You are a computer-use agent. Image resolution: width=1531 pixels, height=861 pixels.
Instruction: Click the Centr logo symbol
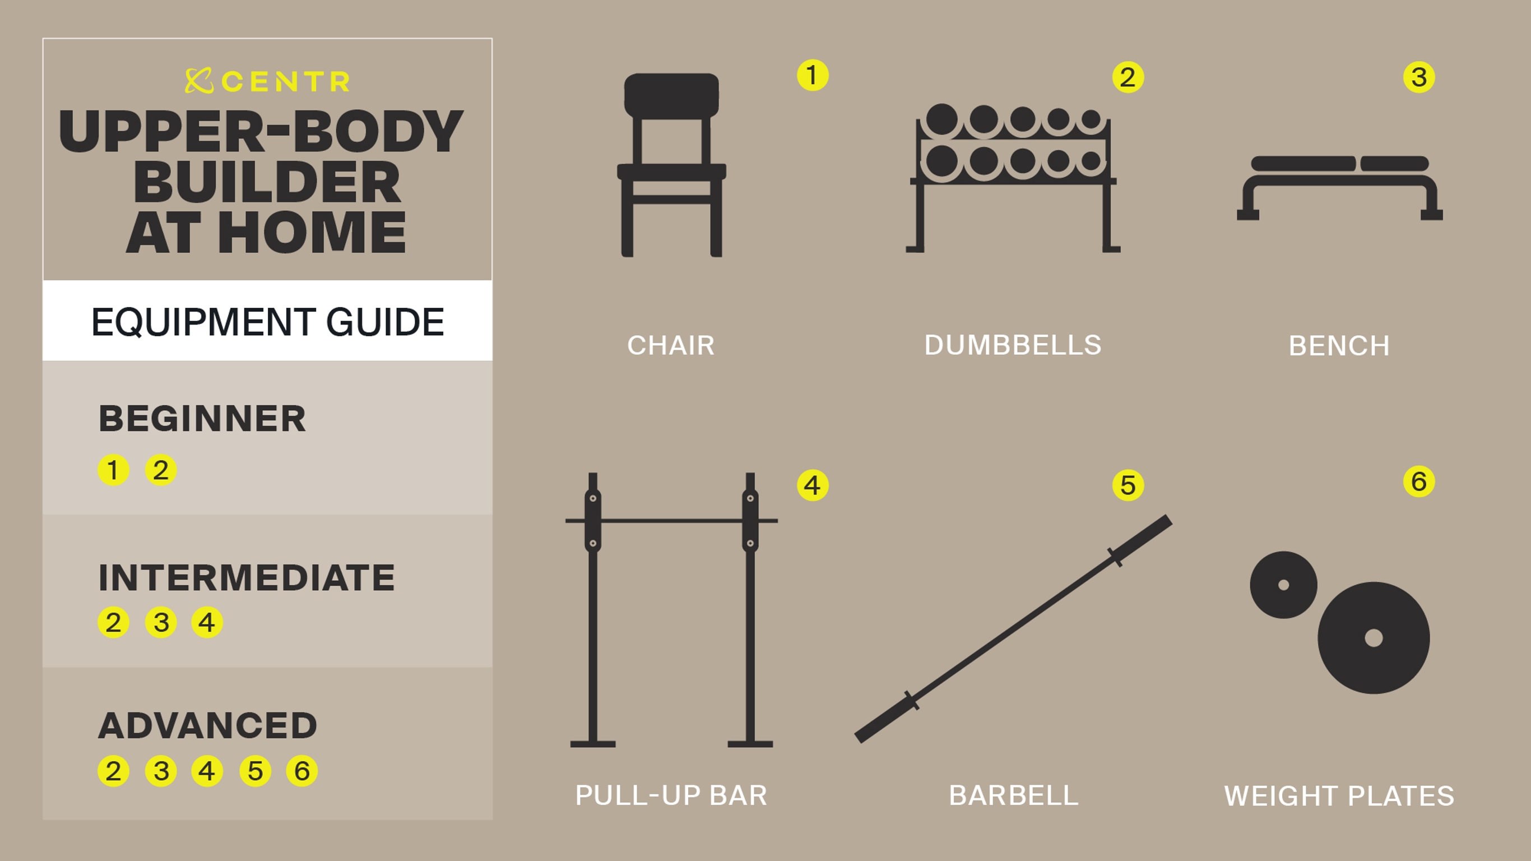tap(199, 81)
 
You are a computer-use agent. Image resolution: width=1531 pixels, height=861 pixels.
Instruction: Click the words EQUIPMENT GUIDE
tap(267, 322)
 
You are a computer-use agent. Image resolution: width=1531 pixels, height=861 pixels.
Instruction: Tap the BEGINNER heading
tap(202, 418)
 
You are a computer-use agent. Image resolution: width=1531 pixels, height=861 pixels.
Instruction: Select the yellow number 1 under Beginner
tap(113, 470)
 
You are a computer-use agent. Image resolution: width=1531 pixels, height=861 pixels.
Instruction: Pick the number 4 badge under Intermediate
tap(207, 622)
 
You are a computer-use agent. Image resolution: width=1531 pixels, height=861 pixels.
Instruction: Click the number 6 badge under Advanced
tap(302, 771)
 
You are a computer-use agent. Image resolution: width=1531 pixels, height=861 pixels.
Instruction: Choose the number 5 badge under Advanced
tap(255, 771)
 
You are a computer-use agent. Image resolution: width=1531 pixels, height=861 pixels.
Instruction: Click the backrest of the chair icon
tap(671, 95)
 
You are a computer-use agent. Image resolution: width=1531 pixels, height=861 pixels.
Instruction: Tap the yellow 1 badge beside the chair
tap(813, 75)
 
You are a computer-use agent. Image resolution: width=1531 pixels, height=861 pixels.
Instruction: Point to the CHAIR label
tap(671, 345)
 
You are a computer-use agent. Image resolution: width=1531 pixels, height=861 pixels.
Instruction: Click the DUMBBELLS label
tap(1013, 345)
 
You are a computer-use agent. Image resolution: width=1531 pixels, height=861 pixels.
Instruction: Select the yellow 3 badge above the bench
tap(1419, 77)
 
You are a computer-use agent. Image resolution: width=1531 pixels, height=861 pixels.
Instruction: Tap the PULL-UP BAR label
tap(671, 795)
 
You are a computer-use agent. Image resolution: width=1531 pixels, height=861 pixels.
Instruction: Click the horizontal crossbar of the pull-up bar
tap(671, 521)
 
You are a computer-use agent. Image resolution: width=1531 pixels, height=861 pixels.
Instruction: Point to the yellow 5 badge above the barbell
tap(1128, 485)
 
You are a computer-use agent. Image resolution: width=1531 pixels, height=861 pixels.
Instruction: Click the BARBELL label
tap(1013, 795)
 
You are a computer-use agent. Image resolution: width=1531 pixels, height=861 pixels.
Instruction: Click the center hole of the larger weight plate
tap(1374, 638)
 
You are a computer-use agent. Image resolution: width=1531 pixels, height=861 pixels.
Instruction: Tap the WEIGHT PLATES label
tap(1339, 795)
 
